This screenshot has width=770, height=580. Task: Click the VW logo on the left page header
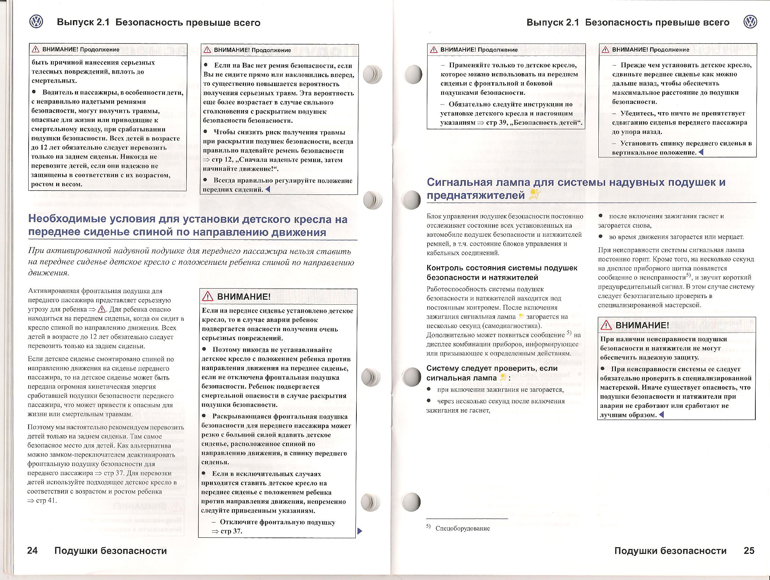36,22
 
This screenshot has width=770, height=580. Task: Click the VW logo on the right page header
750,22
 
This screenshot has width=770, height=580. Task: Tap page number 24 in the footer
32,551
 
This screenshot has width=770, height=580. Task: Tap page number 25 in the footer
749,551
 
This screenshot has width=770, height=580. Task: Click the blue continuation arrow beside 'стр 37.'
360,531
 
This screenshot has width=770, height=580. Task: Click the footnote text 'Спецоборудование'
462,528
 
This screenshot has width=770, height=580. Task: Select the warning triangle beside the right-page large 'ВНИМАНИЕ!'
606,326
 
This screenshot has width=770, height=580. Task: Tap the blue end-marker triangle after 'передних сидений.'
268,190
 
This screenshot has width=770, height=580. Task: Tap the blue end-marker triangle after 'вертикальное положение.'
701,152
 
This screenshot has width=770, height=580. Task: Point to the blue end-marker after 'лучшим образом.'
662,415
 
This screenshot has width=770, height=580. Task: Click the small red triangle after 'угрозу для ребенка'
102,309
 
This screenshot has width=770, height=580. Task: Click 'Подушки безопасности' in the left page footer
111,551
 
